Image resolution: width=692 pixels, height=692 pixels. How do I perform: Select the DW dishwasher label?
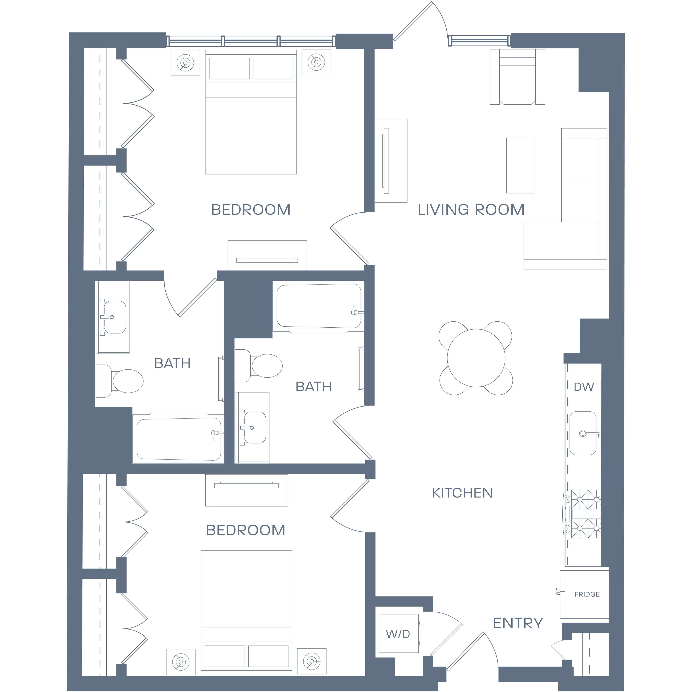(x=584, y=387)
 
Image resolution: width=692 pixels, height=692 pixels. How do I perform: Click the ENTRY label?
(x=518, y=623)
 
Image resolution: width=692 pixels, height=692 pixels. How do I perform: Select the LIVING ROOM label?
(x=471, y=209)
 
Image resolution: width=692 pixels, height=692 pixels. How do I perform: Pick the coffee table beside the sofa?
(x=520, y=165)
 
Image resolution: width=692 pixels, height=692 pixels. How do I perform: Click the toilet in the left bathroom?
(x=119, y=381)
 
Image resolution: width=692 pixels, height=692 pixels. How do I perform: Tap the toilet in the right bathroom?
(x=259, y=366)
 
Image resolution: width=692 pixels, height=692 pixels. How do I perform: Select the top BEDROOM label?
(x=251, y=209)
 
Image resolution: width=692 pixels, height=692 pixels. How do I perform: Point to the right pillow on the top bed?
(x=273, y=68)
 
